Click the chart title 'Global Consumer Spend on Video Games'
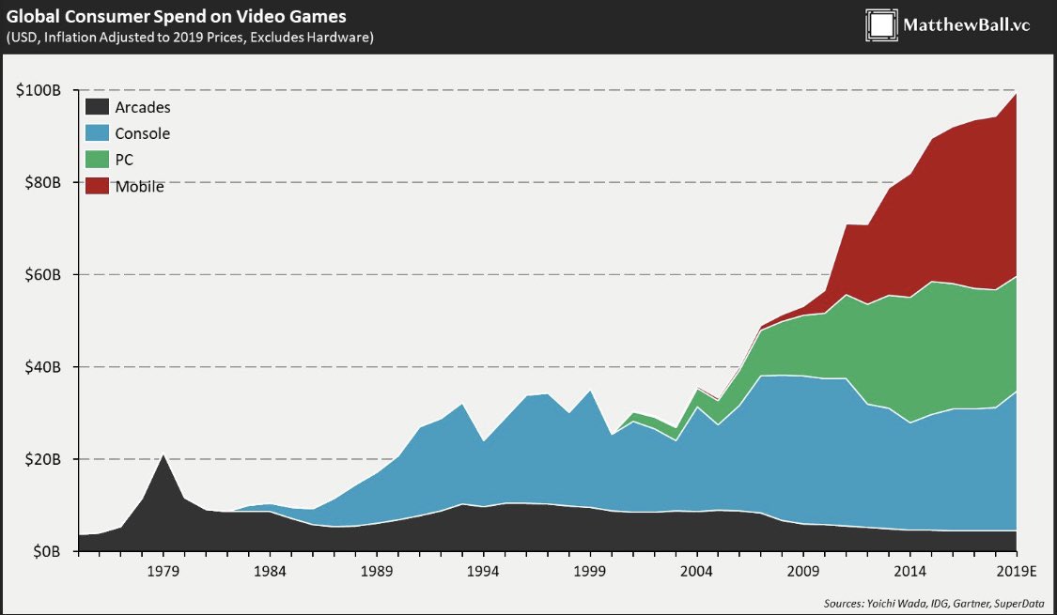(176, 16)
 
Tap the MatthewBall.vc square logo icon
(880, 25)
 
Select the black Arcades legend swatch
(97, 107)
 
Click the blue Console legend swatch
(97, 133)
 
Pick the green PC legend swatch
(97, 160)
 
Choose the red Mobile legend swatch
(97, 186)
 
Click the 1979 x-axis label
(163, 571)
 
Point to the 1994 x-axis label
(483, 571)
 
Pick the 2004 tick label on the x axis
(696, 571)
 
